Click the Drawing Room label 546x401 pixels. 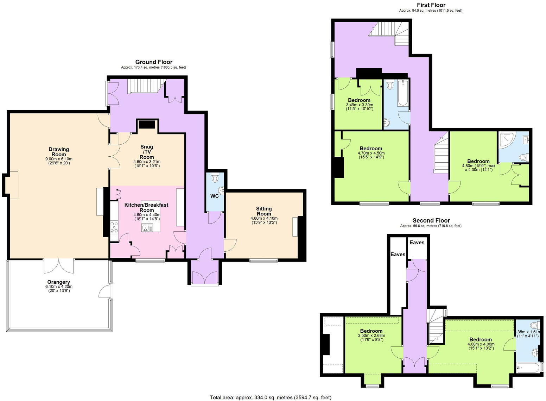(x=59, y=152)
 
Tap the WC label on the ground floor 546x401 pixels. (x=215, y=196)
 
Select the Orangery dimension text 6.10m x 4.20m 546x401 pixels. (x=59, y=287)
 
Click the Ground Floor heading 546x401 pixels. (x=154, y=62)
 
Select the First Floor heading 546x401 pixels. (x=431, y=5)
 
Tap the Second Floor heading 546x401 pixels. (x=431, y=221)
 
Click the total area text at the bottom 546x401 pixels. (x=271, y=397)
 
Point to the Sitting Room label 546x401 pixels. (x=264, y=211)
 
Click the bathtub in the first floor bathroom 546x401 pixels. (x=402, y=93)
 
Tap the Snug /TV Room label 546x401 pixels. (x=147, y=152)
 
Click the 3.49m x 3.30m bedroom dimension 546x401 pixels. (x=359, y=105)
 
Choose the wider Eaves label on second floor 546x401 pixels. (x=417, y=242)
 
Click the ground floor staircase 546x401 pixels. (x=145, y=86)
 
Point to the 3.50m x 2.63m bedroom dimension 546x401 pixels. (x=371, y=336)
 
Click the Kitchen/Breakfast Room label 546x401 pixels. (x=146, y=207)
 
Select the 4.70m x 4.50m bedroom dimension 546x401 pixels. (x=371, y=153)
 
